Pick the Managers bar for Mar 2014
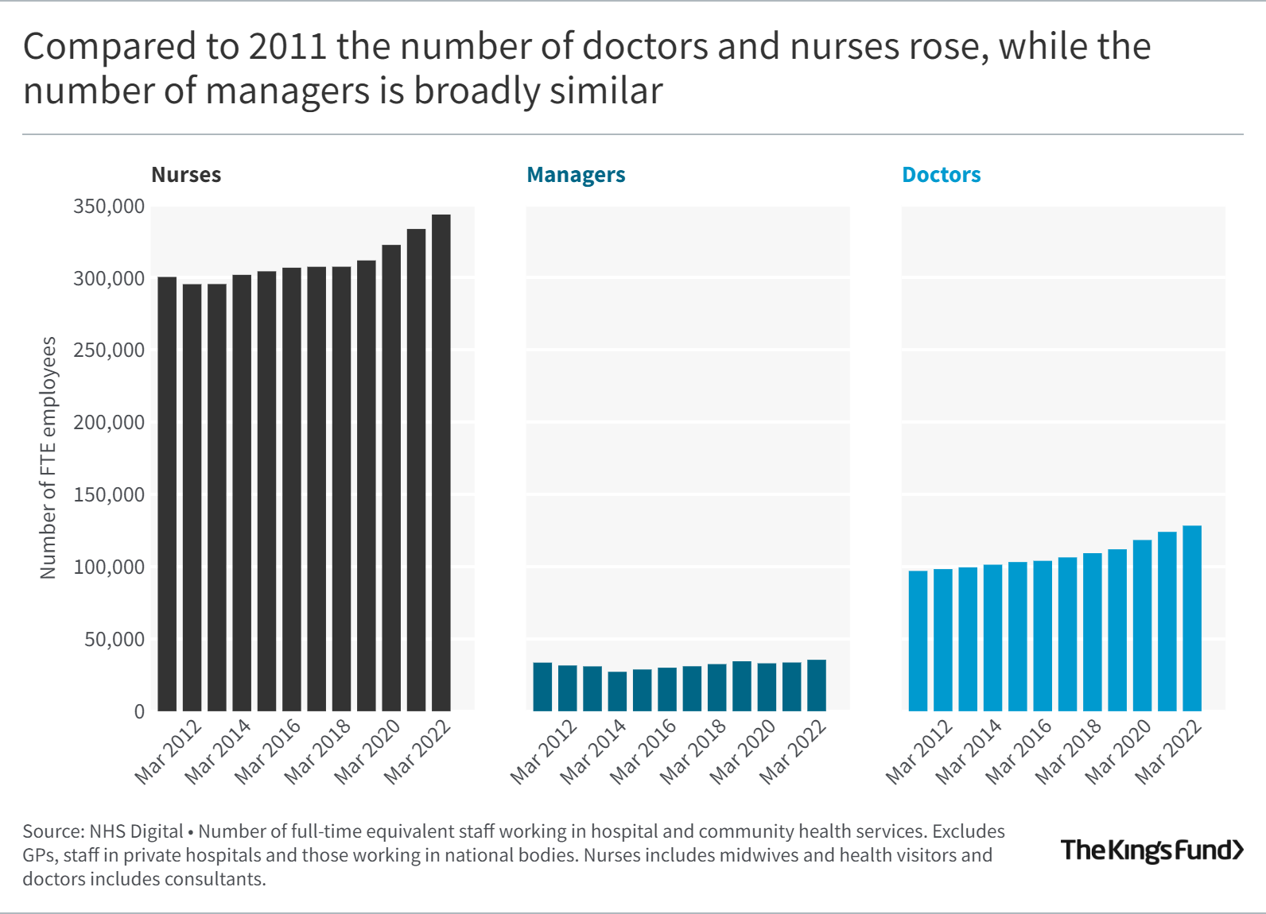pyautogui.click(x=617, y=691)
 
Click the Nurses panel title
pyautogui.click(x=186, y=175)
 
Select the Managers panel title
pyautogui.click(x=576, y=175)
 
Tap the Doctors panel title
pyautogui.click(x=941, y=175)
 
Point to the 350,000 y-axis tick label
pyautogui.click(x=109, y=207)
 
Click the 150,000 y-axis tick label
pyautogui.click(x=109, y=495)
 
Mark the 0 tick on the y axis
pyautogui.click(x=139, y=712)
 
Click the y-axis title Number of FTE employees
pyautogui.click(x=48, y=458)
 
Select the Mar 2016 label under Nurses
pyautogui.click(x=268, y=751)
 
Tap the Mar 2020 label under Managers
pyautogui.click(x=742, y=751)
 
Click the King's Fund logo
pyautogui.click(x=1151, y=850)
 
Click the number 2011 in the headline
pyautogui.click(x=288, y=47)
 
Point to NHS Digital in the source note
pyautogui.click(x=136, y=831)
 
